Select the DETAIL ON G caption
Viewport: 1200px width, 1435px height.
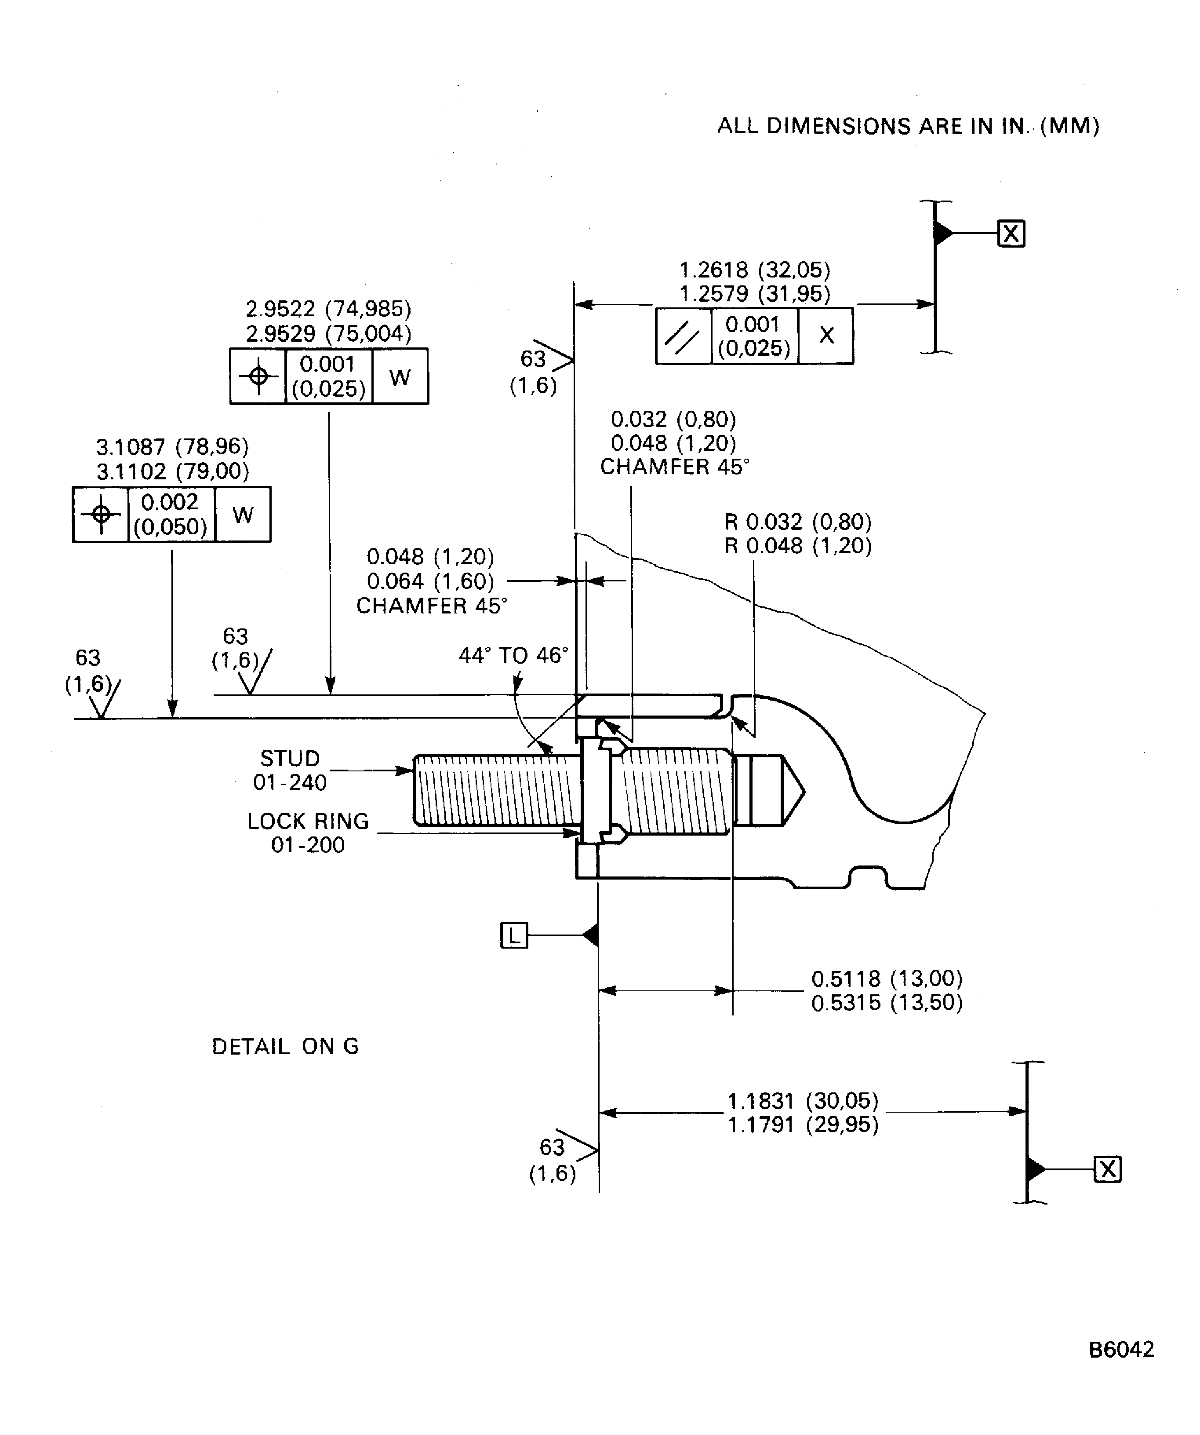pyautogui.click(x=285, y=1046)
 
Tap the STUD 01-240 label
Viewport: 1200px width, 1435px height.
pyautogui.click(x=290, y=770)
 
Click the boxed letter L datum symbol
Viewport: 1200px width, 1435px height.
pyautogui.click(x=513, y=935)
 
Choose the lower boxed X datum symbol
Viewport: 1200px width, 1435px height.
pyautogui.click(x=1107, y=1169)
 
